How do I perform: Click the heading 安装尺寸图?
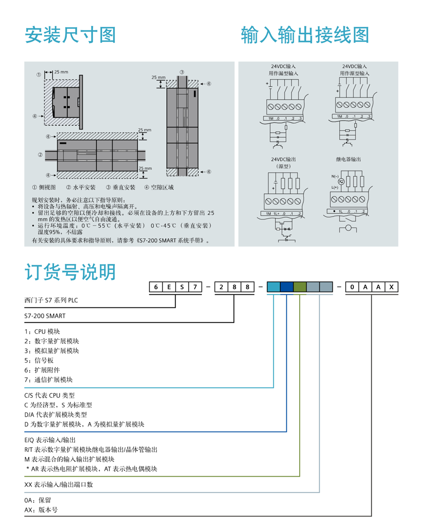point(70,35)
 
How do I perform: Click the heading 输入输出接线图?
point(305,35)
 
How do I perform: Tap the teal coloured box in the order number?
point(273,287)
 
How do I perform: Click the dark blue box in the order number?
point(287,287)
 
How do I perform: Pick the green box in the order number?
point(300,287)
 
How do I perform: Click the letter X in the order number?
point(392,287)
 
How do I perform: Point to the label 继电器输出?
point(348,159)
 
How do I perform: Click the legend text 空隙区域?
point(162,187)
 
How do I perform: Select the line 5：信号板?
point(39,361)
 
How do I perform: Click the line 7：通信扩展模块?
point(48,380)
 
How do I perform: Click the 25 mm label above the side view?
point(61,71)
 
